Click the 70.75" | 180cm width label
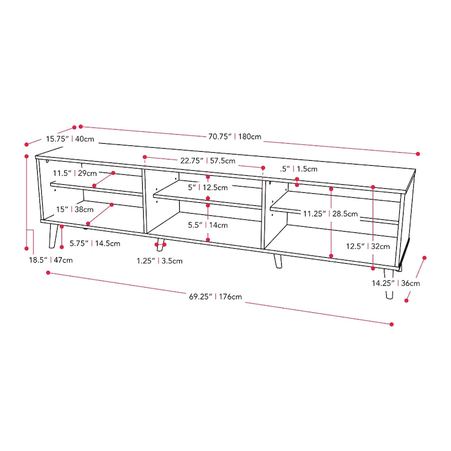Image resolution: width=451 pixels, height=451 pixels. (235, 136)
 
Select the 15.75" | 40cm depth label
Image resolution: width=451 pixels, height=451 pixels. (70, 139)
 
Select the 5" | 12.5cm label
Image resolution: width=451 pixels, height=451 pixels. (208, 187)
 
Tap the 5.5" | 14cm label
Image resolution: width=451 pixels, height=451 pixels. (208, 225)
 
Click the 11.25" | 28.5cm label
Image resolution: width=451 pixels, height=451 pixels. (330, 214)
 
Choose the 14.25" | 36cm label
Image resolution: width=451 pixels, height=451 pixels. (395, 283)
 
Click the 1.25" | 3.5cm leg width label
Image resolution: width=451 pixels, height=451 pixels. (160, 260)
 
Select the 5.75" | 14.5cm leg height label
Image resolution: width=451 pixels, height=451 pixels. (95, 244)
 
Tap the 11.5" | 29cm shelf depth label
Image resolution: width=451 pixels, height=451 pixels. (75, 173)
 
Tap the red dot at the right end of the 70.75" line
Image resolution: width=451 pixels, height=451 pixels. (418, 153)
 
